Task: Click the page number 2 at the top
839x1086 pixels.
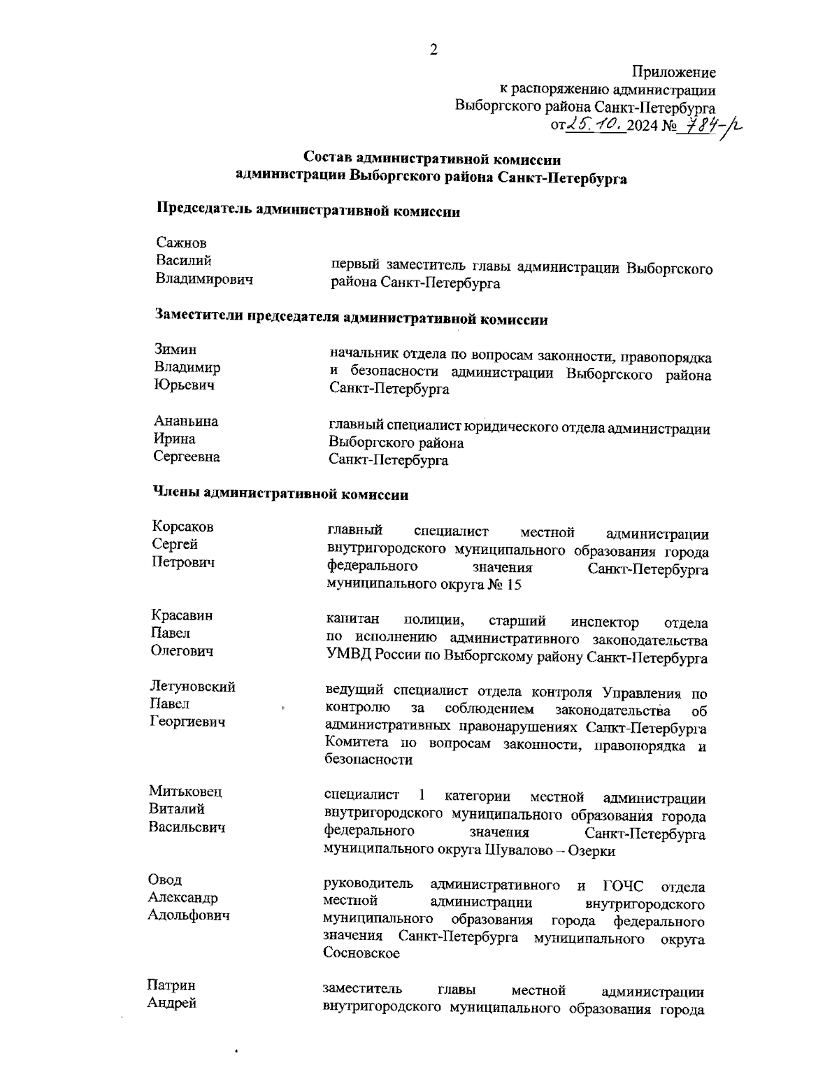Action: click(433, 50)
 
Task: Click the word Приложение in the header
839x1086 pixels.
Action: click(673, 72)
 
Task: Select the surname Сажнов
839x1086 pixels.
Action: click(182, 243)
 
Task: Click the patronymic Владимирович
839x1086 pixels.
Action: click(204, 279)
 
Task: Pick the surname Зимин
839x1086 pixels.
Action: click(175, 350)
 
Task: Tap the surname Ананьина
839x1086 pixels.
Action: click(186, 421)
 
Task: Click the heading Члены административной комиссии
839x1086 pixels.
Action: click(280, 494)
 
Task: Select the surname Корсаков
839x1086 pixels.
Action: click(183, 527)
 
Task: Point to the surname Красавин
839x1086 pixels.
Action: click(182, 615)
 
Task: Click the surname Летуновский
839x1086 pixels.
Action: click(193, 686)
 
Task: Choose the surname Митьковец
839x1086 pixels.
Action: click(185, 791)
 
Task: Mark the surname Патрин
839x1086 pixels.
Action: click(171, 985)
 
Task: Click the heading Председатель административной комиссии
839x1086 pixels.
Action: click(308, 211)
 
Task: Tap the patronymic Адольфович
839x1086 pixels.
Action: click(189, 915)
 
